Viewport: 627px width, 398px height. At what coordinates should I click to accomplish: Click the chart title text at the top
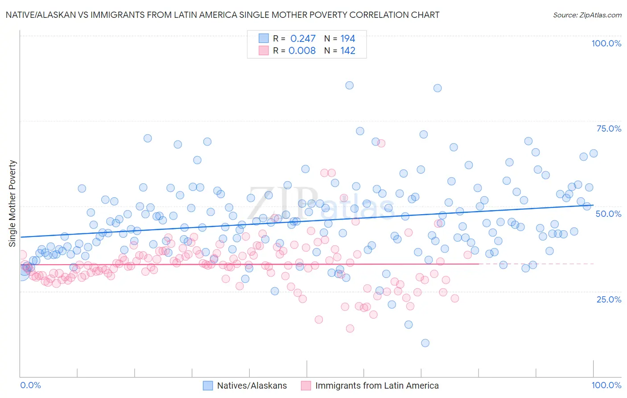tap(222, 15)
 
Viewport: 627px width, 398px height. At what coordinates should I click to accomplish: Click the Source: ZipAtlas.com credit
tap(587, 15)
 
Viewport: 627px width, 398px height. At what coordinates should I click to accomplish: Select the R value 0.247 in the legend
tap(303, 38)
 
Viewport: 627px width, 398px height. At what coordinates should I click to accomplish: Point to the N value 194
tap(347, 38)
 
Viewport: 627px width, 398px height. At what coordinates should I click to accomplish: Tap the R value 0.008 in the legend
tap(302, 50)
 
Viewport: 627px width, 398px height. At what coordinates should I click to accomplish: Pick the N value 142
tap(347, 50)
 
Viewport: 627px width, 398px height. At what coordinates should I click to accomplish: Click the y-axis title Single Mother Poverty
tap(12, 203)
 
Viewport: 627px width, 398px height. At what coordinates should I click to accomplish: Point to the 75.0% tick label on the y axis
tap(609, 129)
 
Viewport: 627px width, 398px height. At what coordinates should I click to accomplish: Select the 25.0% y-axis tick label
tap(609, 299)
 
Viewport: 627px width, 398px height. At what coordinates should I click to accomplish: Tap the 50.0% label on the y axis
tap(609, 214)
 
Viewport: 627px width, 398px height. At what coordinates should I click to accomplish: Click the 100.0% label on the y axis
tap(606, 43)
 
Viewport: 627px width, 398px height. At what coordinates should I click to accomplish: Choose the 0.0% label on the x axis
tap(30, 385)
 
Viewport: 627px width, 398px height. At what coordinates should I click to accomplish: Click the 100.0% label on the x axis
tap(606, 385)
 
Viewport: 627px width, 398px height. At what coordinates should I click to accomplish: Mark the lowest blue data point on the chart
tap(425, 343)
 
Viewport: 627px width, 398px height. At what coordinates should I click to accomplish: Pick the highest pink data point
tap(381, 143)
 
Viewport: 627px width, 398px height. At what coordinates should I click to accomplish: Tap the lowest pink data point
tap(350, 328)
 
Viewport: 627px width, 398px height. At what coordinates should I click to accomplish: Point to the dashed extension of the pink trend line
tap(535, 264)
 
